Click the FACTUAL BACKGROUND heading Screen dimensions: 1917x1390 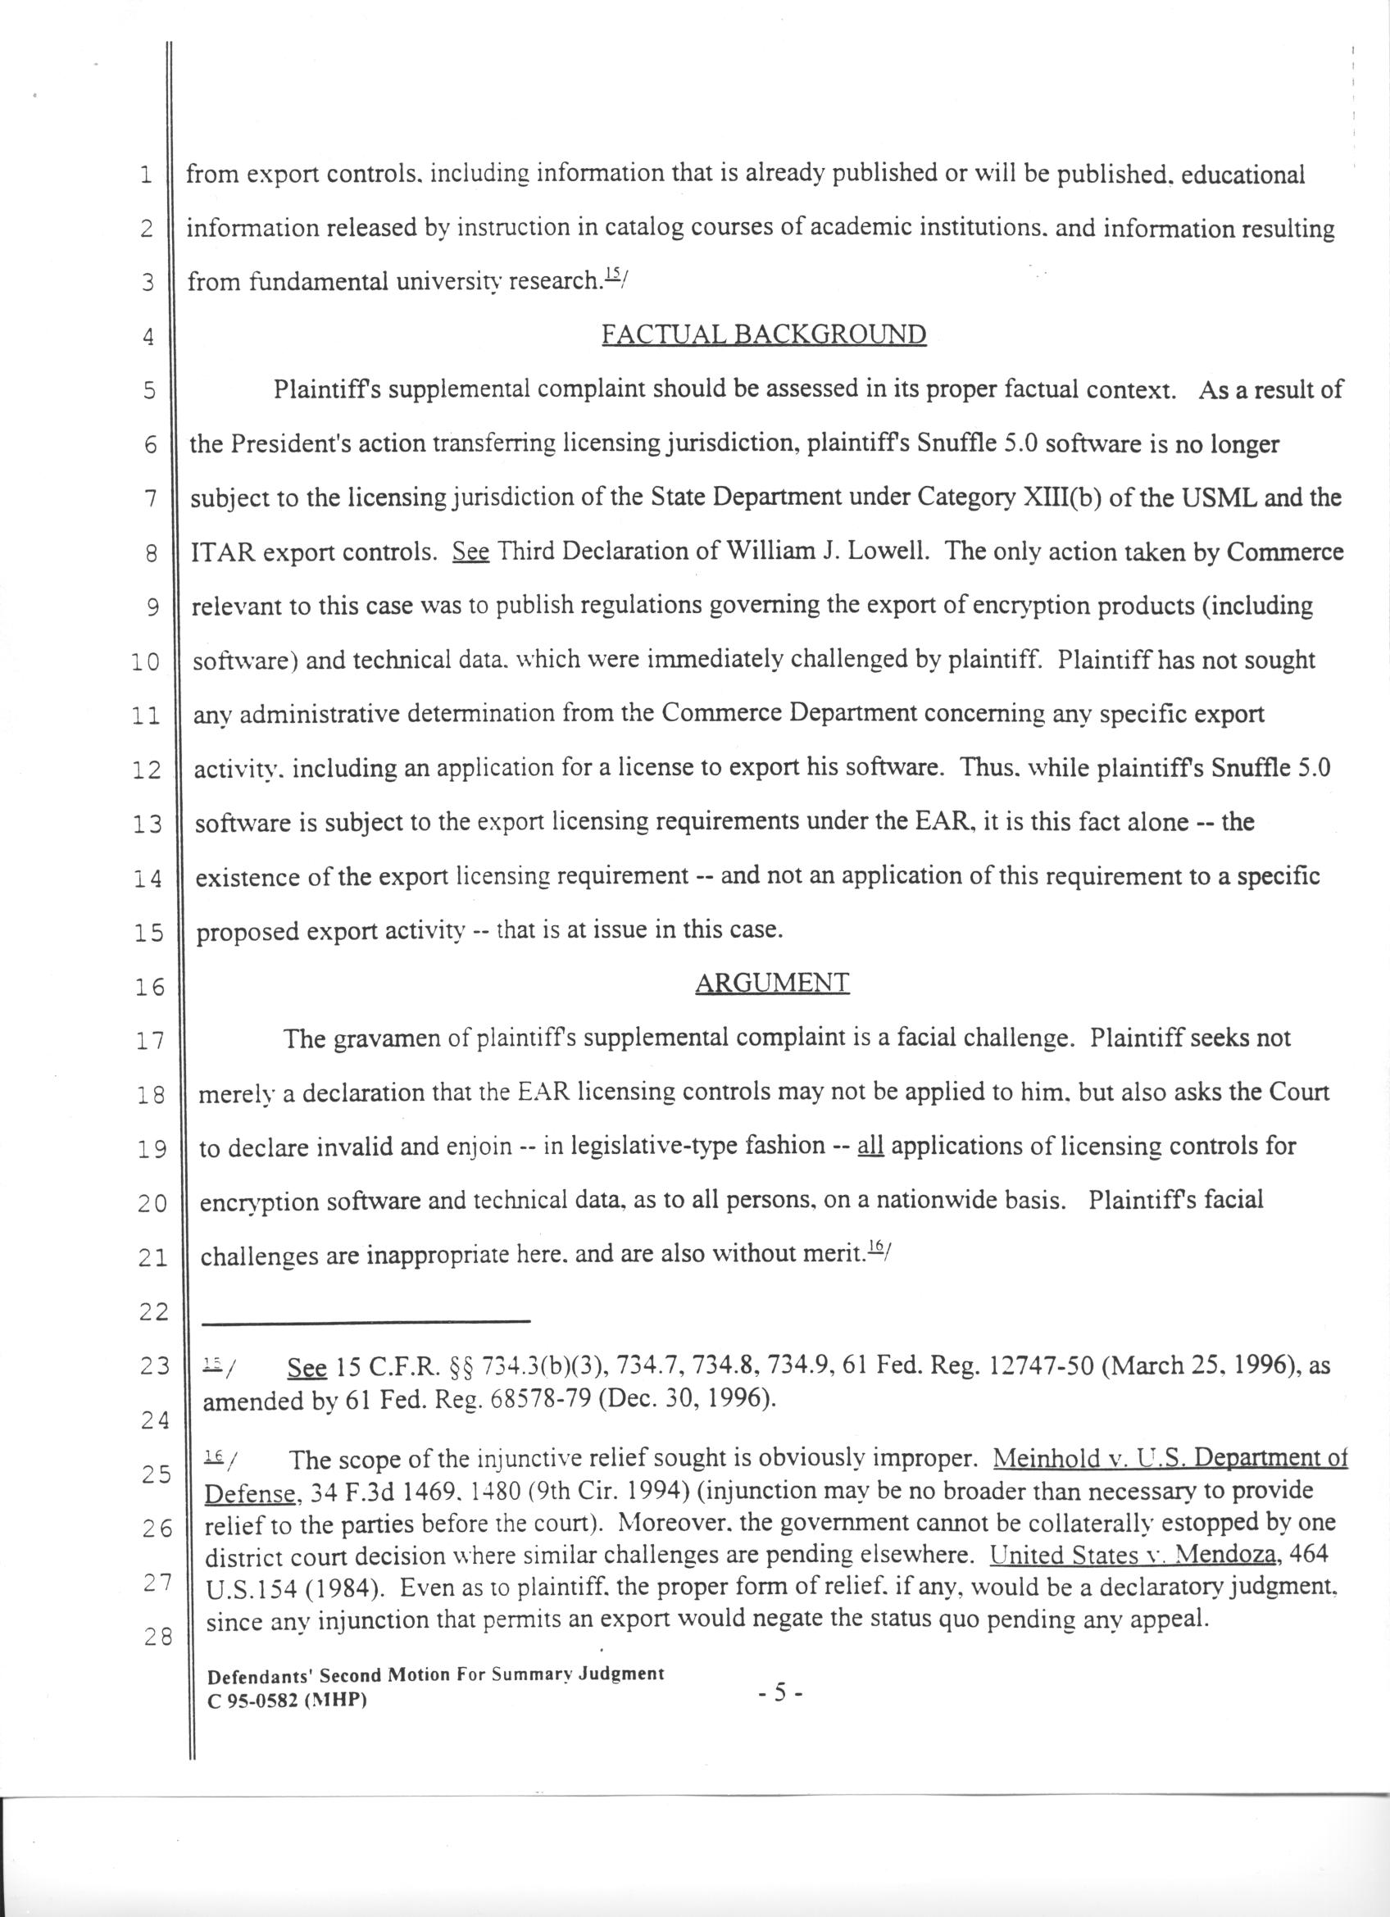[x=763, y=334]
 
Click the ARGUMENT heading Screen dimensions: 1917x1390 [x=771, y=982]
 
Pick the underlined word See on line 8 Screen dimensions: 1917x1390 [x=470, y=551]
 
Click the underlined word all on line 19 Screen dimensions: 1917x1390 [x=870, y=1146]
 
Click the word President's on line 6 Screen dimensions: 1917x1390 [x=282, y=443]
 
